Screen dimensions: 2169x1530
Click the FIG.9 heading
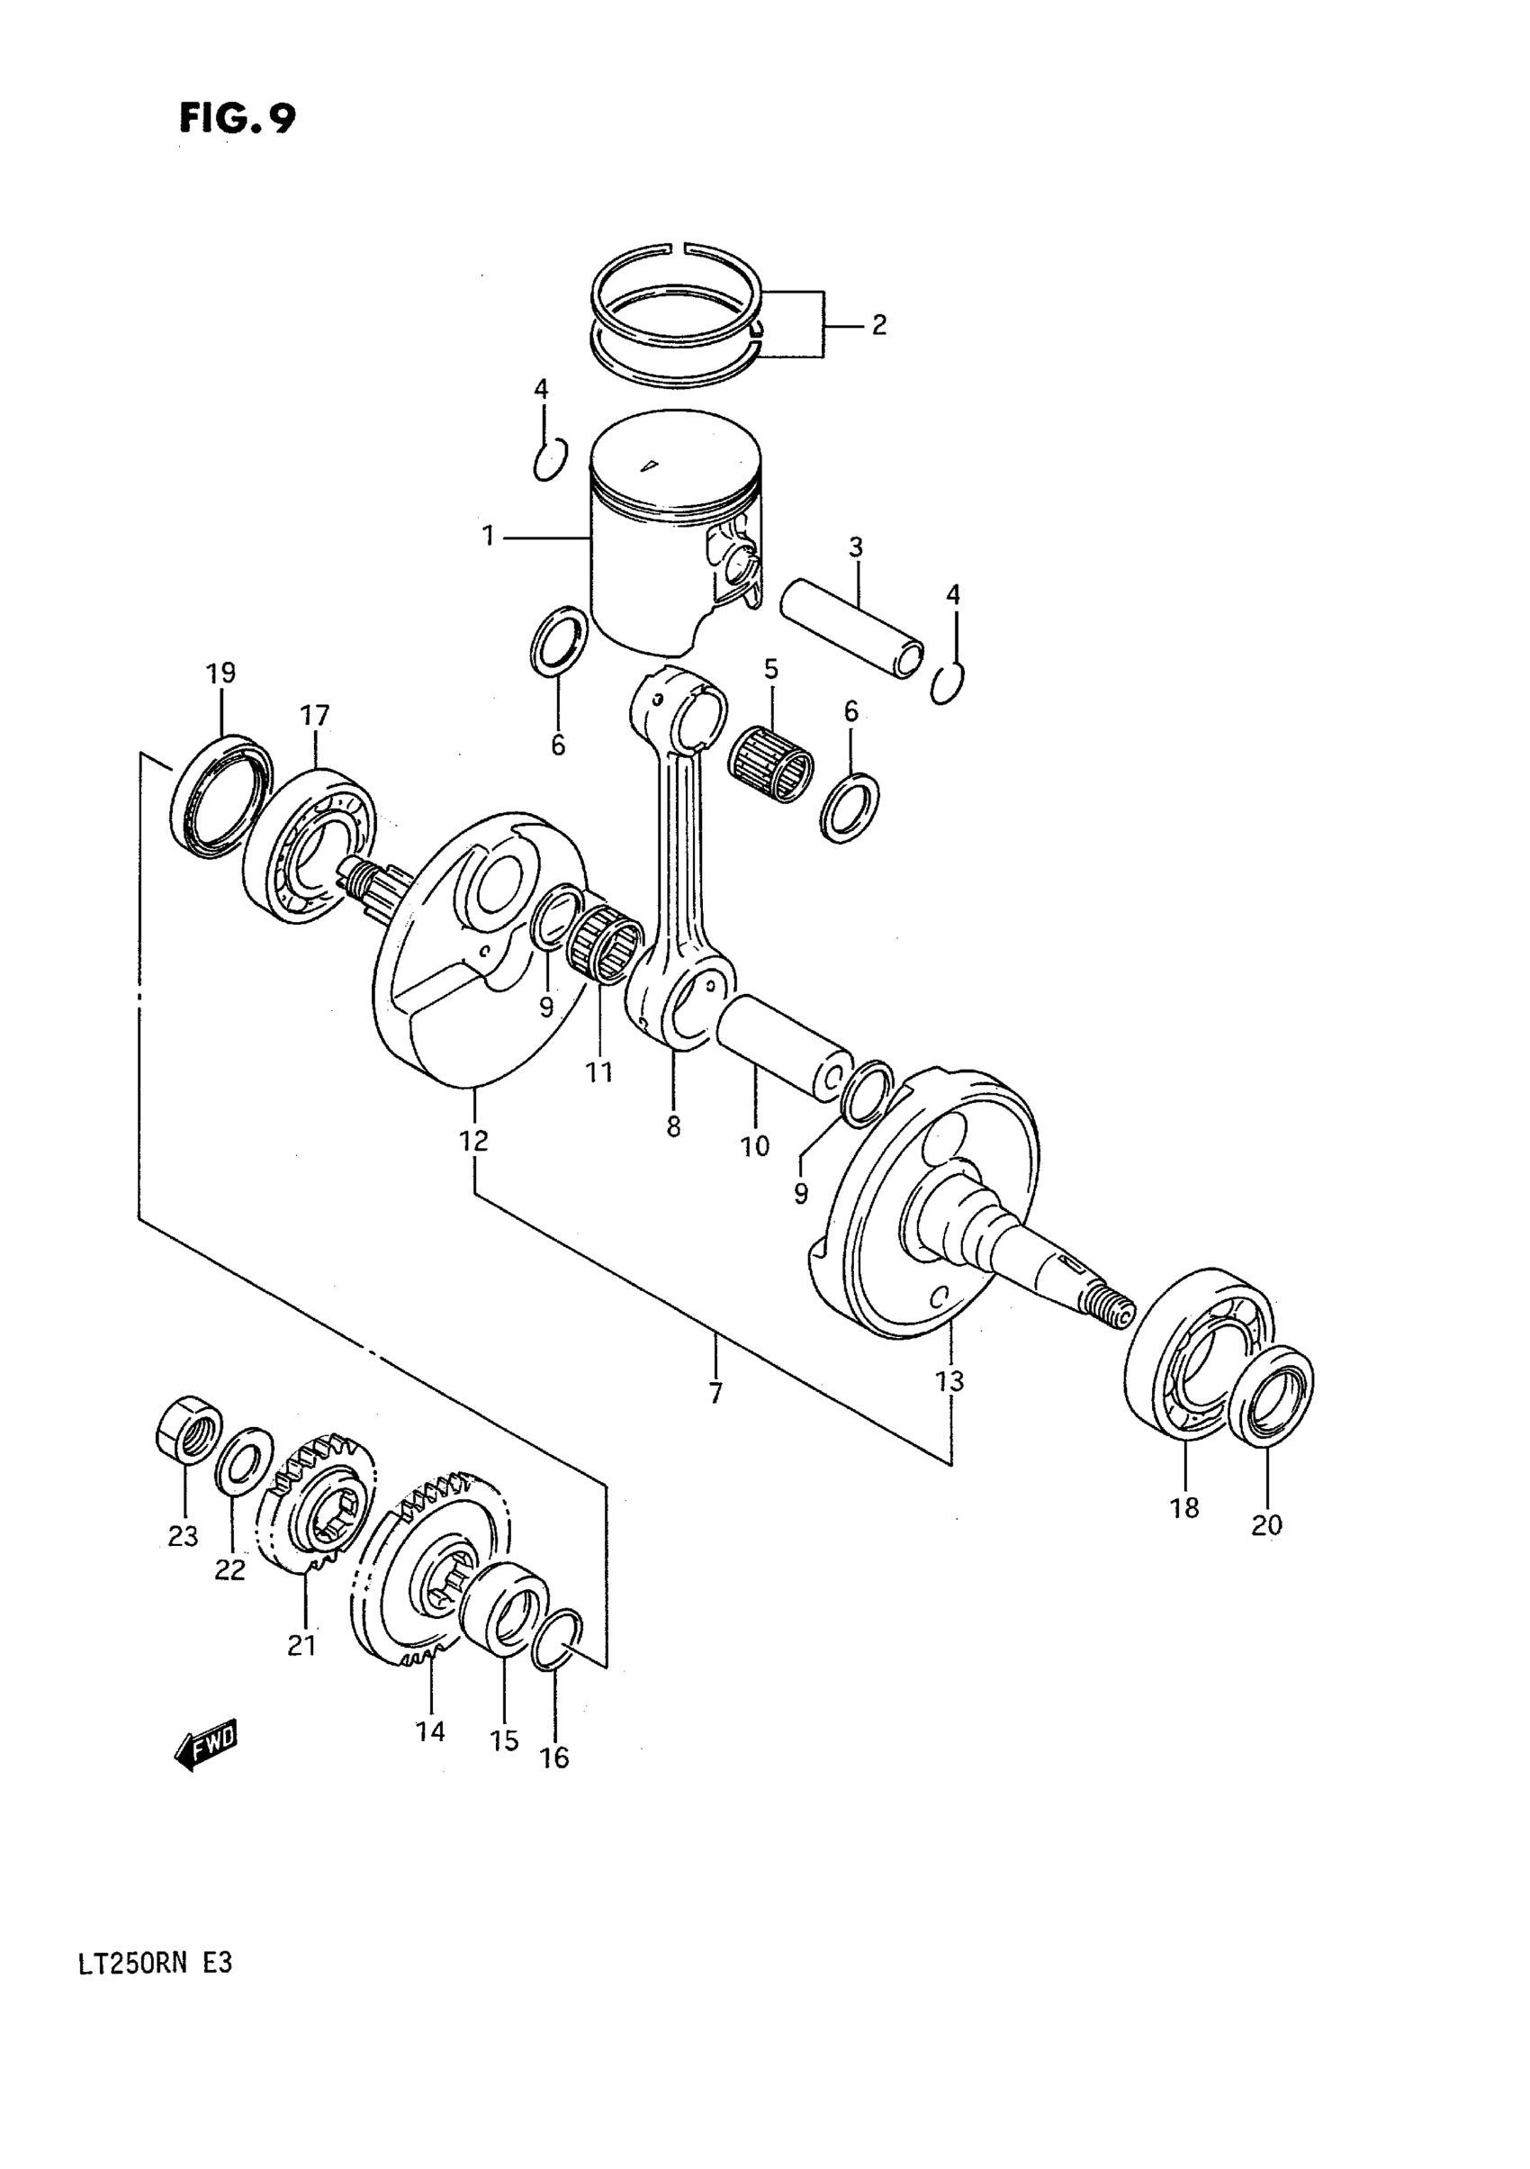[x=237, y=119]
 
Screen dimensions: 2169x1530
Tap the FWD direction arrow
[x=206, y=1746]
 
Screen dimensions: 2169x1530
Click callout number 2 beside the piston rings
[x=878, y=325]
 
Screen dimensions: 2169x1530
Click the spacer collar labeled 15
[x=503, y=1609]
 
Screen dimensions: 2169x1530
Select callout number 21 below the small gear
[x=301, y=1645]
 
